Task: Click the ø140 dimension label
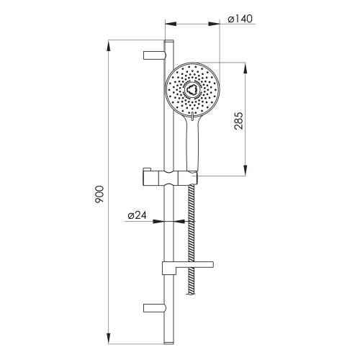pos(240,19)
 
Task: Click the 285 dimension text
pos(238,121)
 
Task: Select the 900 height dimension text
pos(99,194)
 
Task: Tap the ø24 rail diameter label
pos(137,215)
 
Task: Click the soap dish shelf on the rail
pos(188,268)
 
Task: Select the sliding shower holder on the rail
pos(171,178)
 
